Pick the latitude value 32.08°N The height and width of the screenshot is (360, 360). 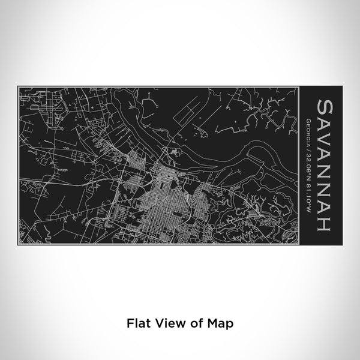click(x=308, y=158)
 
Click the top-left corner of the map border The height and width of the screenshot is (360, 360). click(x=19, y=88)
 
